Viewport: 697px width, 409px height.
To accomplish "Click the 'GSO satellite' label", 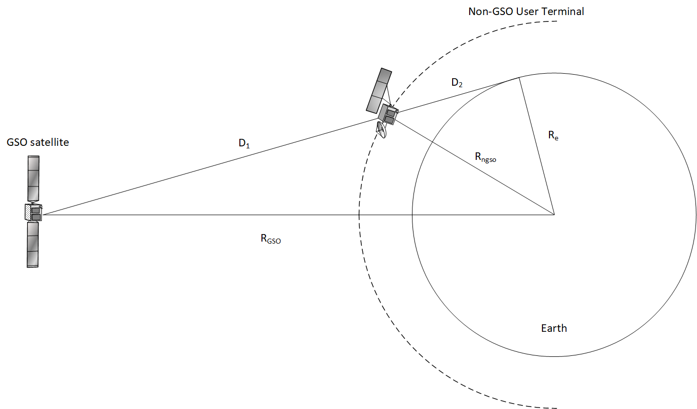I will (x=37, y=142).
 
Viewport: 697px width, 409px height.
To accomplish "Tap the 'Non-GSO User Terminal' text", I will (x=526, y=12).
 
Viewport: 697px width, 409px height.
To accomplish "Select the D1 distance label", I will (x=244, y=144).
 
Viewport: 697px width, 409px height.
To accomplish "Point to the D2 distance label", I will (x=457, y=83).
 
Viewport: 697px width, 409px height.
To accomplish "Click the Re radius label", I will (x=553, y=135).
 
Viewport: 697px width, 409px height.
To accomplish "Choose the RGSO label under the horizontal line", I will (x=270, y=239).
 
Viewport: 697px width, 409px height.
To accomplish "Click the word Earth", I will (x=553, y=328).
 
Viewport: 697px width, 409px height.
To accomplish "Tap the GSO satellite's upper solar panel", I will (x=33, y=178).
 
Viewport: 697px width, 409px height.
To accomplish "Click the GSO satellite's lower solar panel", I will (x=33, y=245).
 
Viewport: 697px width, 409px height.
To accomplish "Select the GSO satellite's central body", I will (x=33, y=212).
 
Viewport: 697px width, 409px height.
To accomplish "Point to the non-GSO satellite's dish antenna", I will (x=382, y=130).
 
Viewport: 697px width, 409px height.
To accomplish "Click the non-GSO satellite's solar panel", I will (x=379, y=90).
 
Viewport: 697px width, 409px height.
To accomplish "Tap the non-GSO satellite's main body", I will (x=389, y=115).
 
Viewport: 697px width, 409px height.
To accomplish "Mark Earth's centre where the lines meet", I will (x=554, y=215).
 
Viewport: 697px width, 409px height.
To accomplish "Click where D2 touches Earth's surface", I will (x=519, y=77).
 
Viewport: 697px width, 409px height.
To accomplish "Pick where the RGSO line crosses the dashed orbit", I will (x=359, y=215).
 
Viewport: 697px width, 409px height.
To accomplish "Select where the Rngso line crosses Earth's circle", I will (x=433, y=143).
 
